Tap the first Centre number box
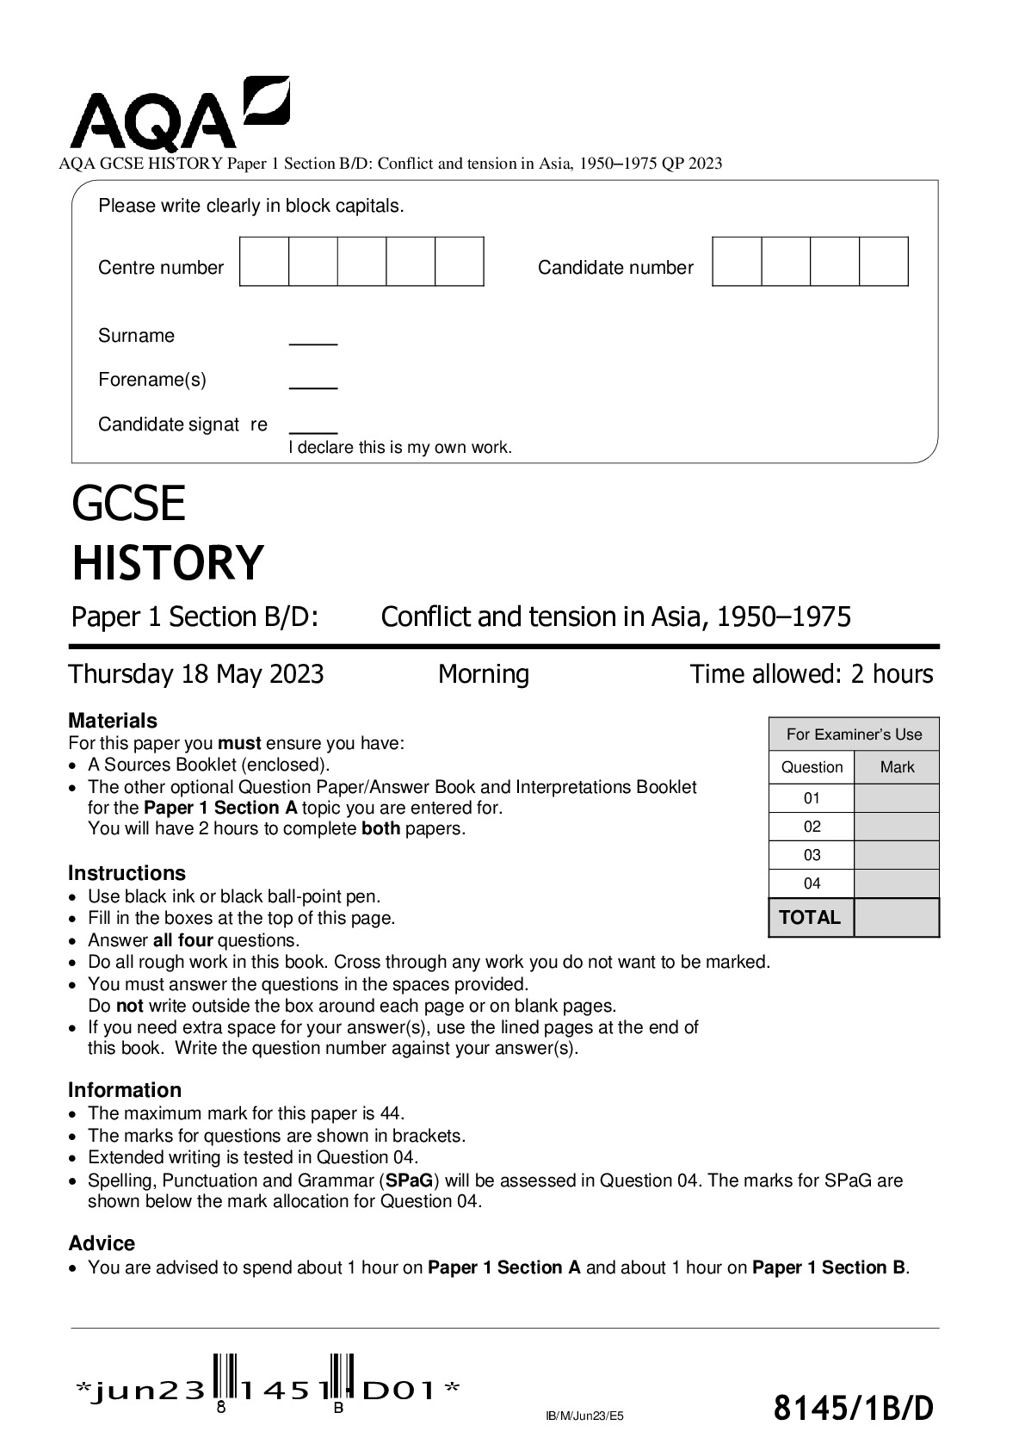[264, 262]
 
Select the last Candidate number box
[884, 262]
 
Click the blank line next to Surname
[313, 342]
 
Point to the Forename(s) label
[152, 380]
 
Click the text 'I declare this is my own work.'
[399, 448]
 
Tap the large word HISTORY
[167, 563]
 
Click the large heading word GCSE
[128, 505]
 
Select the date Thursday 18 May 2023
[196, 674]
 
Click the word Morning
[484, 674]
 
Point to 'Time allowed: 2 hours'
[811, 674]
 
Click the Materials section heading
[113, 721]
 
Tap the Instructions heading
[127, 873]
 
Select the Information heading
[125, 1090]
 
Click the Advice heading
[102, 1243]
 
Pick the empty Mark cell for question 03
[896, 855]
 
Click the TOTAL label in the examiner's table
[810, 918]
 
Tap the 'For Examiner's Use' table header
[854, 734]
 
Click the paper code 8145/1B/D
[853, 1409]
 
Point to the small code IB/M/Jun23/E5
[584, 1415]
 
